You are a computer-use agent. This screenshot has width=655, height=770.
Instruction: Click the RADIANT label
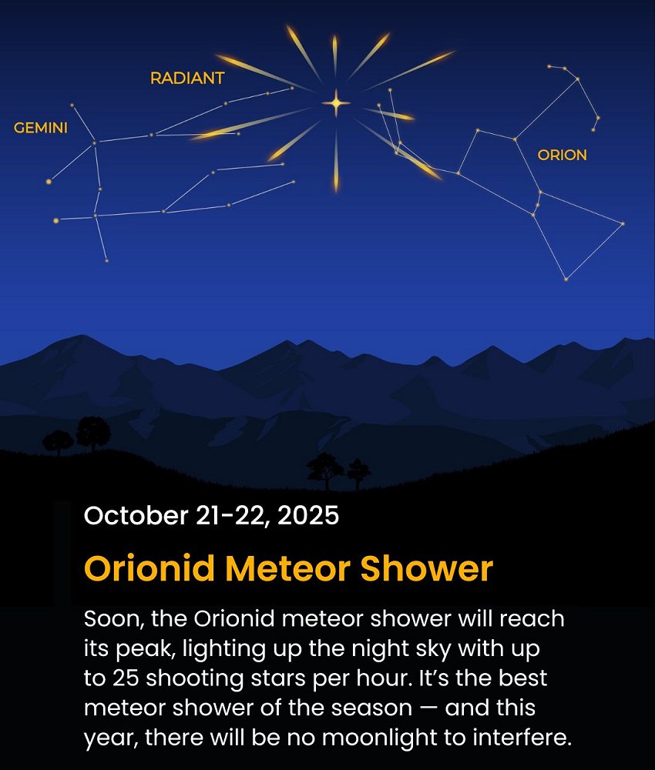point(187,78)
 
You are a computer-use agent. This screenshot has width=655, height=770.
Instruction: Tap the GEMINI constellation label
point(41,128)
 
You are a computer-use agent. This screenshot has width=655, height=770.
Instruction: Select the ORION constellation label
point(562,156)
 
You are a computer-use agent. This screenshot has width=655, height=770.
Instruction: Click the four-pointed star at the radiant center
point(336,103)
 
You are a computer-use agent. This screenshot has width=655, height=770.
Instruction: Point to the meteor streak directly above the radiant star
point(334,55)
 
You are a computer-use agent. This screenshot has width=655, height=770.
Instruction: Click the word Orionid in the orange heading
point(149,568)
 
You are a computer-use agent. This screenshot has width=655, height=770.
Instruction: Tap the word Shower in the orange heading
point(426,568)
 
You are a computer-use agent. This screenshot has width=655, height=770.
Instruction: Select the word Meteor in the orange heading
point(287,568)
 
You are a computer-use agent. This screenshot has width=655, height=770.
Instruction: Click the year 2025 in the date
point(308,516)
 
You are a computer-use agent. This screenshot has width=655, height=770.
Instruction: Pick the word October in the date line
point(136,516)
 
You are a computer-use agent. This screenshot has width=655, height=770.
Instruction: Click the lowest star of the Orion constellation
point(566,280)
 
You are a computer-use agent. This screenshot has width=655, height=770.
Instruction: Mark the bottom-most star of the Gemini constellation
point(106,261)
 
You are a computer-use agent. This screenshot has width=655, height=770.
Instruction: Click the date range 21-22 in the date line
point(232,516)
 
